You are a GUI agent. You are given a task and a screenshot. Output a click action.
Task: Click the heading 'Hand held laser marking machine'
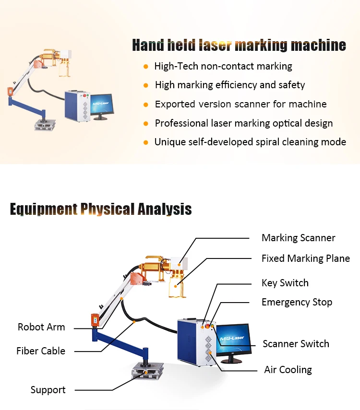point(239,46)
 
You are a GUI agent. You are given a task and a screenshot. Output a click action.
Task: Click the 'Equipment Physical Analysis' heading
point(101,210)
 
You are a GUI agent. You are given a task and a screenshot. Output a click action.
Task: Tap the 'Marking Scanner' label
point(298,238)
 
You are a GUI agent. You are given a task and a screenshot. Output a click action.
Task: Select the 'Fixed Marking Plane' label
point(305,258)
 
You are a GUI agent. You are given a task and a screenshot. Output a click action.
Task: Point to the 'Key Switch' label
point(285,283)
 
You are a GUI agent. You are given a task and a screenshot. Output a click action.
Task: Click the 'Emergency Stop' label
point(297,302)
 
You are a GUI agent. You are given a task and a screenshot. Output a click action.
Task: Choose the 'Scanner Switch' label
point(296,344)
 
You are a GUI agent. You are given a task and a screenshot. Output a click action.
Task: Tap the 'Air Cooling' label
point(288,370)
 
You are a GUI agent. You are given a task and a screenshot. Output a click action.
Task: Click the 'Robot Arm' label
point(41,327)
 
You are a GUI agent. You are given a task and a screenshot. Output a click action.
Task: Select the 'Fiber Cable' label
point(41,351)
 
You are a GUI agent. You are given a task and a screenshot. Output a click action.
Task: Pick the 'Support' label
point(48,390)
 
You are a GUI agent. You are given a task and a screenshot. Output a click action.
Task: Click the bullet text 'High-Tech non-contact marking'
point(223,66)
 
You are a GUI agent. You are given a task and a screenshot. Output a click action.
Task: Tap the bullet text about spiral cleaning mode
point(250,142)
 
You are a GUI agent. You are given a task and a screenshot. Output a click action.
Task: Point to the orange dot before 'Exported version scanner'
point(146,104)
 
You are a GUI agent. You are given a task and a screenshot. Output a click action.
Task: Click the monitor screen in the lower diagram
point(232,339)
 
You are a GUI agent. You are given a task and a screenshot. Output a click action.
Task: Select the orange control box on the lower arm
point(95,320)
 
